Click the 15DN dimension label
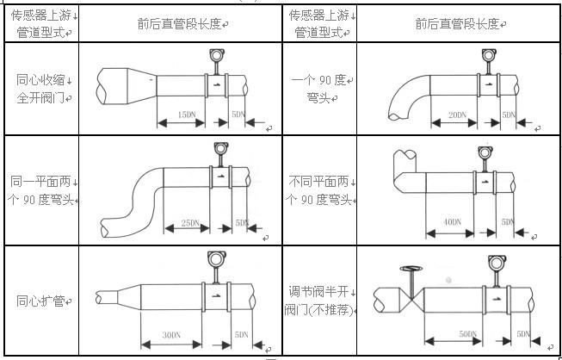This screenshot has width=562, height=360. click(184, 114)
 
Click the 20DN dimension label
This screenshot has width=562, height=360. click(457, 115)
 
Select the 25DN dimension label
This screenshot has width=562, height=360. click(189, 223)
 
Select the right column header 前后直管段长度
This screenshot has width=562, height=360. click(457, 24)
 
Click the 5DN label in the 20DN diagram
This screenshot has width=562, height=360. click(510, 115)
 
